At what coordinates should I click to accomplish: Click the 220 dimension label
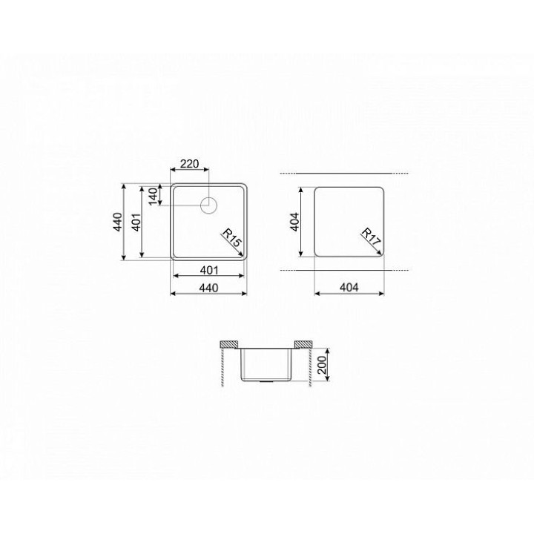click(x=189, y=164)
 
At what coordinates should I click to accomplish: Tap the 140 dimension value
click(x=154, y=196)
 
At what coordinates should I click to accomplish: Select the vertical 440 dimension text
click(x=118, y=222)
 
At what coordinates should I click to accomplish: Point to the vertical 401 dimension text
click(x=136, y=222)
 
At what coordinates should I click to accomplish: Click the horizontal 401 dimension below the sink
click(x=208, y=270)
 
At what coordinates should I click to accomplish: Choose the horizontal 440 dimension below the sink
click(x=208, y=288)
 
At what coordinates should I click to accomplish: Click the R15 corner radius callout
click(x=232, y=237)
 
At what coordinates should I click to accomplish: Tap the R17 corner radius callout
click(x=371, y=237)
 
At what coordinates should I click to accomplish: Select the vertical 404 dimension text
click(x=294, y=222)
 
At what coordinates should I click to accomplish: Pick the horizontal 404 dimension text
click(x=349, y=288)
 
